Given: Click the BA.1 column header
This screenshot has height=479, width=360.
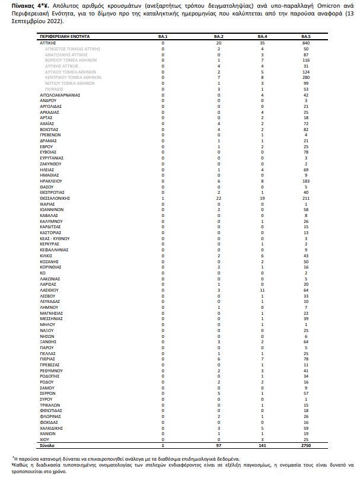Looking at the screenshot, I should click(163, 37).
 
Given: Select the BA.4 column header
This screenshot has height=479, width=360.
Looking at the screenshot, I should click(262, 37).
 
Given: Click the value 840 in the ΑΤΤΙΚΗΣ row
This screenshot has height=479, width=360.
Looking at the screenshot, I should click(306, 43).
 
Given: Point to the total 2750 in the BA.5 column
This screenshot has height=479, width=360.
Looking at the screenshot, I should click(305, 445).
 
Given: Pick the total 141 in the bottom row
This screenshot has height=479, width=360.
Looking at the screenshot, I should click(262, 445).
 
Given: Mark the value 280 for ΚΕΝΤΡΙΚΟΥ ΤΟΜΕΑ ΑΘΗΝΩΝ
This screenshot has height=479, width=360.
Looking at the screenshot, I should click(306, 78).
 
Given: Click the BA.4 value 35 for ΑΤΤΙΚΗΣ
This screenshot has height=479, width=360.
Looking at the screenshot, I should click(262, 43).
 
